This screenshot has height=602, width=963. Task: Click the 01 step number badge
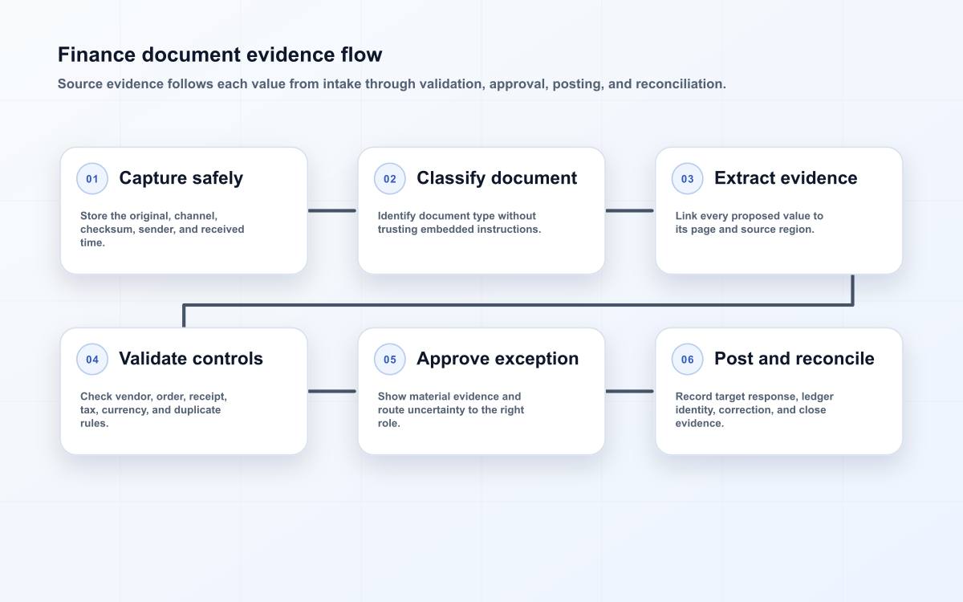pos(92,178)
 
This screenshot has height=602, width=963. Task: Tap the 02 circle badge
pos(389,178)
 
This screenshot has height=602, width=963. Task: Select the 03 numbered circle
pos(687,178)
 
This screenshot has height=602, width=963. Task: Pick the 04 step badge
pos(92,359)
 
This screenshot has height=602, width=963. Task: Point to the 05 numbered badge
pos(389,359)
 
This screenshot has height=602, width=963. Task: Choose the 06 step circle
pos(687,359)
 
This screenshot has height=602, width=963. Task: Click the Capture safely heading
pos(181,178)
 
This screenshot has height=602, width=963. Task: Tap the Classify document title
pos(497,178)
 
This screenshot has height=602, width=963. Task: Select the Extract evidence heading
pos(786,178)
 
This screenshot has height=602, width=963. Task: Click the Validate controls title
pos(191,359)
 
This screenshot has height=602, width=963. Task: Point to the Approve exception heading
pos(498,359)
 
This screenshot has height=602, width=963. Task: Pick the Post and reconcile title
pos(794,359)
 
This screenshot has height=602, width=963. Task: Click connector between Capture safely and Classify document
pos(332,210)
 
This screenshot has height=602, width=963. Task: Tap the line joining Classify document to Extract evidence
pos(630,210)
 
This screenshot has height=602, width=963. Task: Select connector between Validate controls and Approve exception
pos(332,392)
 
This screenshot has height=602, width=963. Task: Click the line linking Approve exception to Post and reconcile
pos(630,392)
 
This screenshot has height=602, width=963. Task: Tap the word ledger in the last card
pos(817,397)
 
